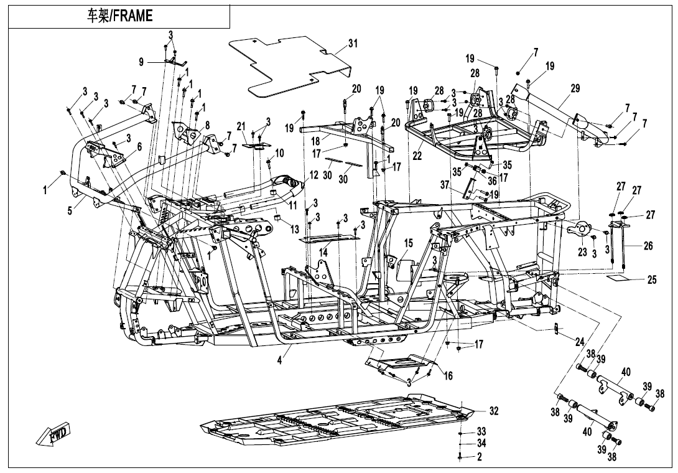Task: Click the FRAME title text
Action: click(x=119, y=16)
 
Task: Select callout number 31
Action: click(x=353, y=44)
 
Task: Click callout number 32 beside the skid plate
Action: click(x=493, y=411)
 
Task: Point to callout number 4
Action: click(x=280, y=360)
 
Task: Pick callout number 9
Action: click(x=141, y=62)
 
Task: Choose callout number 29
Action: click(x=575, y=89)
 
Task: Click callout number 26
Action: click(x=648, y=246)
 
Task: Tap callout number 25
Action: click(x=651, y=280)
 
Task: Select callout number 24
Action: click(x=579, y=341)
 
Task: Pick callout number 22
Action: click(x=417, y=156)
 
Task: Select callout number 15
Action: click(x=408, y=243)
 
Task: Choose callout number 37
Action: click(x=462, y=185)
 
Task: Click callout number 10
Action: click(x=279, y=152)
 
